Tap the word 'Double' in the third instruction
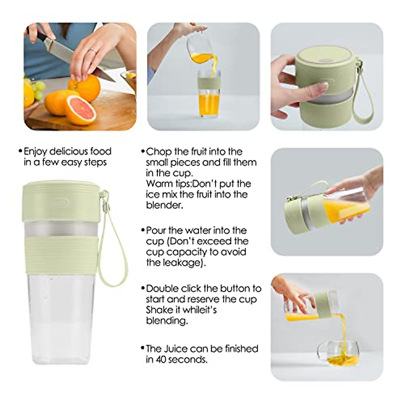(x=163, y=289)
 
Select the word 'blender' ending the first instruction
(x=164, y=205)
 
